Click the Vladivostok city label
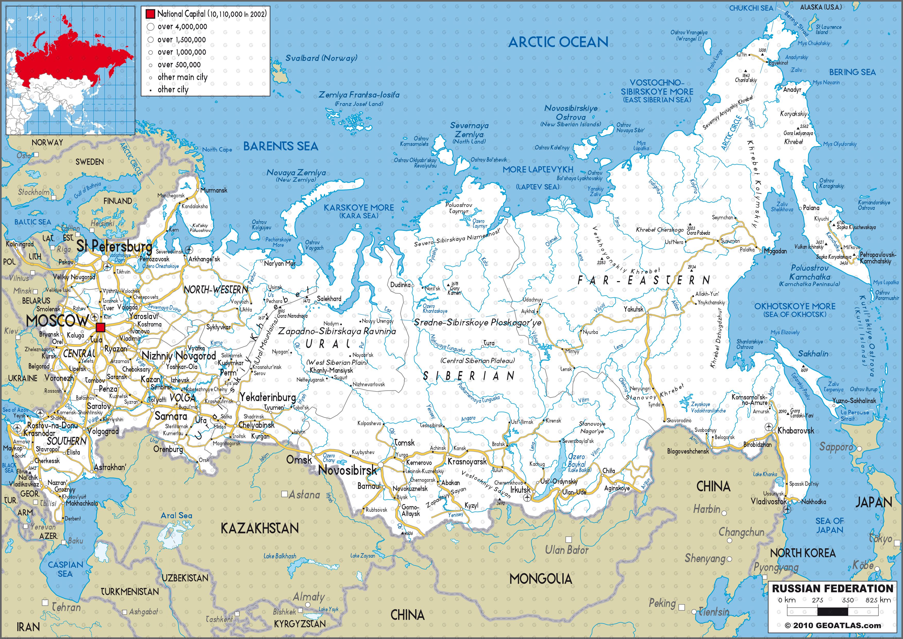click(769, 501)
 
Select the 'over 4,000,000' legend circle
click(150, 27)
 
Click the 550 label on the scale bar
click(848, 600)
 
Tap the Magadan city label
click(775, 251)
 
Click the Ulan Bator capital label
click(566, 550)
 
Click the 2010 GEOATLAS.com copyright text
click(833, 626)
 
